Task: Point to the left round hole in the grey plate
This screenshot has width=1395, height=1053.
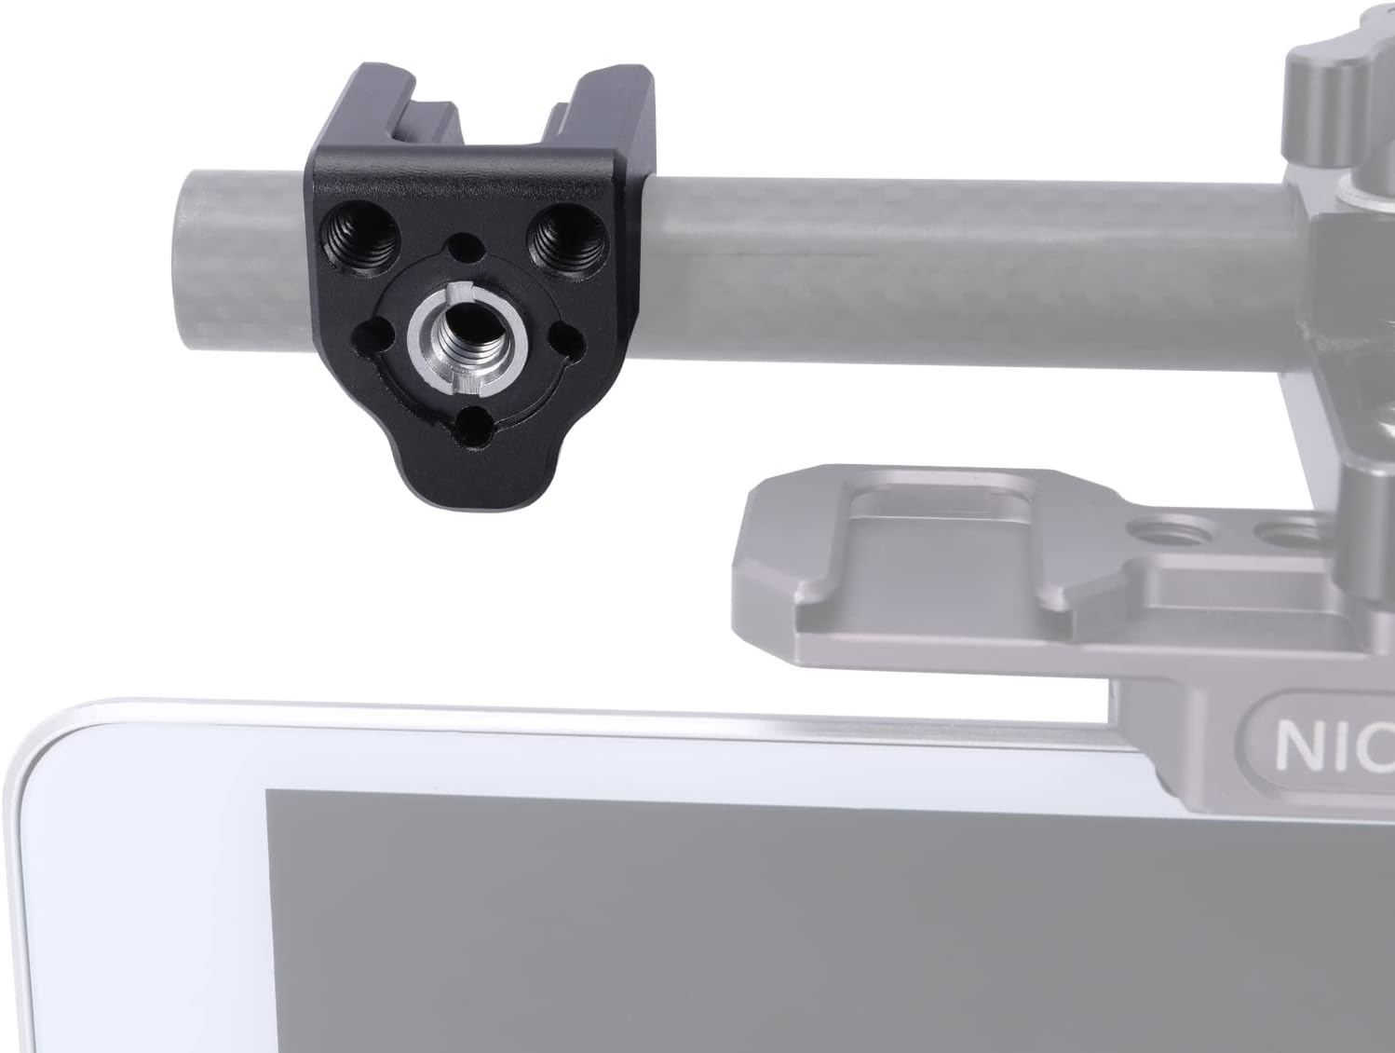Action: pos(1144,532)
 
